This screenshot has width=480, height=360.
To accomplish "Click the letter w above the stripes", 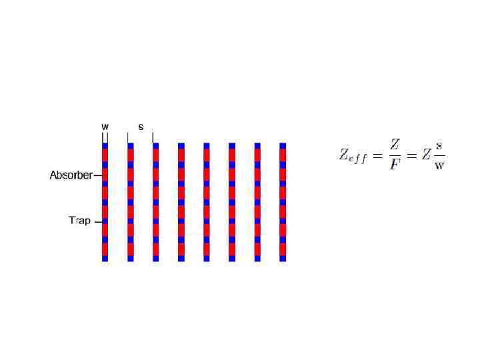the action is pos(105,125).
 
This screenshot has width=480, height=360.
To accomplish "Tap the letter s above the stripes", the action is pos(141,125).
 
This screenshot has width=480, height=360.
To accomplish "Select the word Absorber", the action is pos(71,176).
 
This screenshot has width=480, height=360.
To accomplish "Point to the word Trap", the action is pos(79,221).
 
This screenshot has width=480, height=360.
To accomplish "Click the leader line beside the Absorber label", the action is pos(97,176).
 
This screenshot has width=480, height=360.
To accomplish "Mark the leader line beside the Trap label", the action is pos(97,221).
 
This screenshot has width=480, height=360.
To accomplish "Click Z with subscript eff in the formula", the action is pos(350,157).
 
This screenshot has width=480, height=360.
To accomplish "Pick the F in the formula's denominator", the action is pos(395,165).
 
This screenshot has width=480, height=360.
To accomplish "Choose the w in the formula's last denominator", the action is pos(439,165).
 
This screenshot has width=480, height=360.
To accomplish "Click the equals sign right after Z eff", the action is pos(376,157).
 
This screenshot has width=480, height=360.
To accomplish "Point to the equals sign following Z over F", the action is pos(411,157).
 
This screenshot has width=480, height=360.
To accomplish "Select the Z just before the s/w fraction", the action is pos(425,157).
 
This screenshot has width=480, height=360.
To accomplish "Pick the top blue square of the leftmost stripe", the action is pos(105,145).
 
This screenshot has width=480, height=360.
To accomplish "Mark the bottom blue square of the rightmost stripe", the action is pos(283,257).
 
